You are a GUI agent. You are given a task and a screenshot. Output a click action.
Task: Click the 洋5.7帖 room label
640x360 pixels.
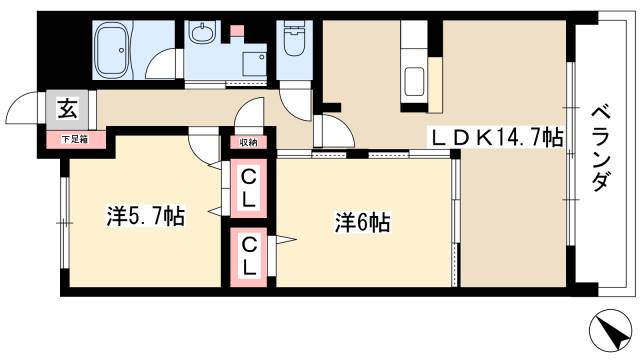[146, 216]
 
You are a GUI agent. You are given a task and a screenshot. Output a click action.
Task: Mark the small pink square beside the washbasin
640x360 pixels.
[237, 31]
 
